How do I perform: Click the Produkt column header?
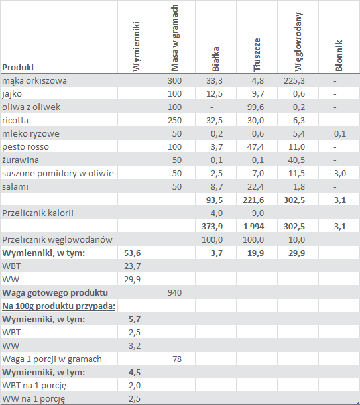point(18,67)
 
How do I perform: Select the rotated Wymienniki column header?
point(136,46)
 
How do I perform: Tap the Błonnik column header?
point(339,56)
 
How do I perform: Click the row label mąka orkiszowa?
point(34,81)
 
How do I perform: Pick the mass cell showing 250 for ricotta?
point(175,121)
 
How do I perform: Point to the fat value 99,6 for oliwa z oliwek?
point(256,107)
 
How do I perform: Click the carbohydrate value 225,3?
point(294,81)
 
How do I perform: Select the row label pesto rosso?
point(25,147)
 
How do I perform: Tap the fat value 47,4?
point(256,147)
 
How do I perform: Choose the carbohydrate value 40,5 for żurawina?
point(296,160)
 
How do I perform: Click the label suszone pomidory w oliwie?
point(58,173)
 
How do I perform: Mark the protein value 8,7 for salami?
point(217,187)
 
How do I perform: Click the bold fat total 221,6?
point(253,200)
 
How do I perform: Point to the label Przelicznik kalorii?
point(38,213)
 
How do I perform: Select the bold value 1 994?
point(253,227)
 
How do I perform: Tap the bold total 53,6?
point(133,253)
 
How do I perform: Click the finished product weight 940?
point(175,292)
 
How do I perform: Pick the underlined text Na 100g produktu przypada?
point(58,306)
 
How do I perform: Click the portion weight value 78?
point(177,359)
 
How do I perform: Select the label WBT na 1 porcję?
point(34,386)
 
